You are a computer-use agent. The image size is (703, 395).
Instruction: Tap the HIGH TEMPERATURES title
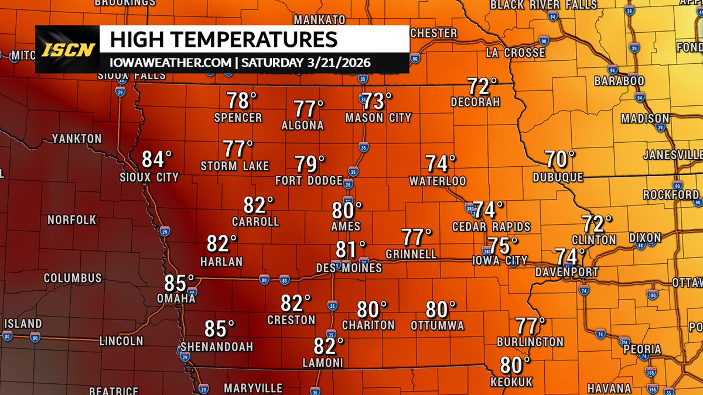point(224,40)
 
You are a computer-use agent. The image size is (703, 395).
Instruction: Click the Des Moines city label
point(349,268)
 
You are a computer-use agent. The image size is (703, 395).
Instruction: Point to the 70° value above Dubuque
point(560,159)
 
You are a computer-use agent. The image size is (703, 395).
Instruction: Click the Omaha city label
point(175,298)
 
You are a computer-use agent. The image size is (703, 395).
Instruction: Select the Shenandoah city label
point(217,347)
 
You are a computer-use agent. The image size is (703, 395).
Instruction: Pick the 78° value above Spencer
point(243,101)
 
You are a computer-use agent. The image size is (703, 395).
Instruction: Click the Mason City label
point(378,118)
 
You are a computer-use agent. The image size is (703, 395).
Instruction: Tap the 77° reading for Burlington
point(530,324)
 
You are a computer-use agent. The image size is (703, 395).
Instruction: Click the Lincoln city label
point(121,341)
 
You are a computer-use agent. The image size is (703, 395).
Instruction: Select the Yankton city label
point(77,139)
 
